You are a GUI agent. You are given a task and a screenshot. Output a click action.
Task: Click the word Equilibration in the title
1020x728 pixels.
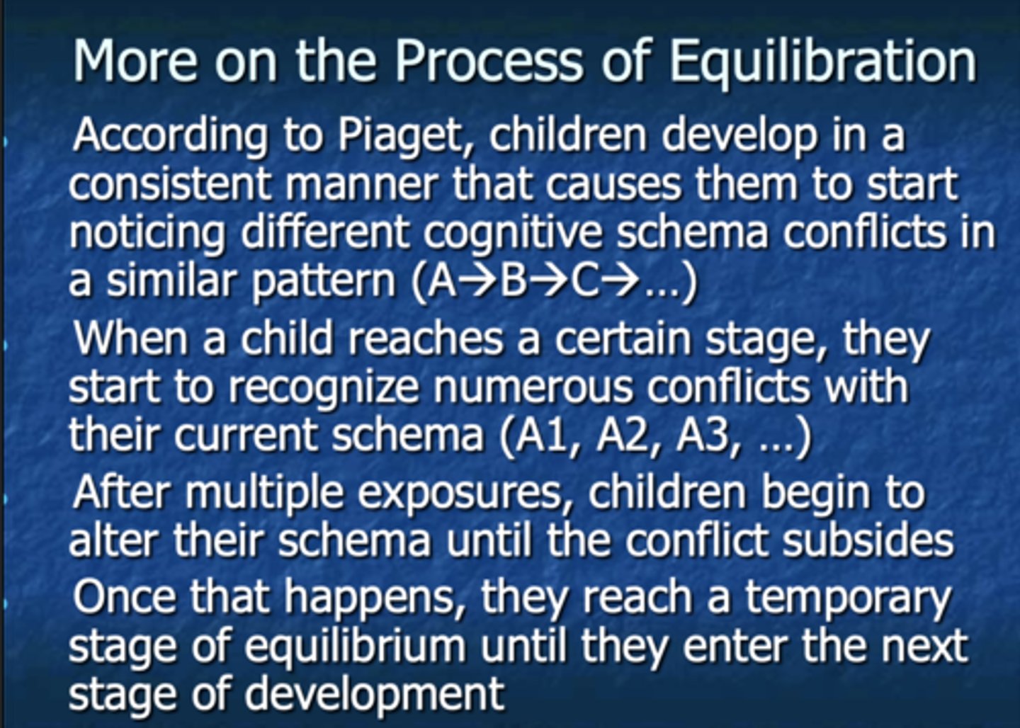coord(822,62)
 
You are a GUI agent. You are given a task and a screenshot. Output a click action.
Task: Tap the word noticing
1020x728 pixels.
coord(147,233)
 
